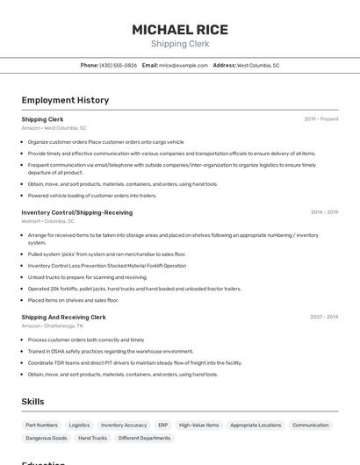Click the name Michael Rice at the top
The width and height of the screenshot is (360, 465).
tap(180, 30)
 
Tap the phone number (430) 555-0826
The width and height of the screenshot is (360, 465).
tap(118, 65)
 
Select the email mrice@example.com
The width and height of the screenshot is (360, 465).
tap(184, 65)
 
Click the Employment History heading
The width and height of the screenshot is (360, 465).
tap(65, 100)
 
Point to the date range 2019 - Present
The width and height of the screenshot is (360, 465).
tap(321, 119)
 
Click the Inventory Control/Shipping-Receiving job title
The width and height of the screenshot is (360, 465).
tap(77, 212)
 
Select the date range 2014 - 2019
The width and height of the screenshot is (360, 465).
tap(324, 212)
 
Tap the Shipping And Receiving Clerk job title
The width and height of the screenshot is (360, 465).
tap(63, 317)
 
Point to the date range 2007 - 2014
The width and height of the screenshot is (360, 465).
tap(324, 317)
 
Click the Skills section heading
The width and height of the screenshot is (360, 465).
tap(33, 401)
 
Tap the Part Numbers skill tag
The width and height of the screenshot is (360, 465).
tap(42, 425)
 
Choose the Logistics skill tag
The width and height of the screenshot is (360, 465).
tap(79, 425)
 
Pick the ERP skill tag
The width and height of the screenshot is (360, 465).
tap(162, 425)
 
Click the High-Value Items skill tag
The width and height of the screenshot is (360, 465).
tap(199, 425)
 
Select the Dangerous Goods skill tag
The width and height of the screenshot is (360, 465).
tap(47, 438)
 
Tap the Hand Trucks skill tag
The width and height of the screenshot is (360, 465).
tap(92, 438)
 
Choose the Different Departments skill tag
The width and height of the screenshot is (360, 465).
tap(144, 438)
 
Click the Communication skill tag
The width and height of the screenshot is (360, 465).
tap(310, 425)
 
